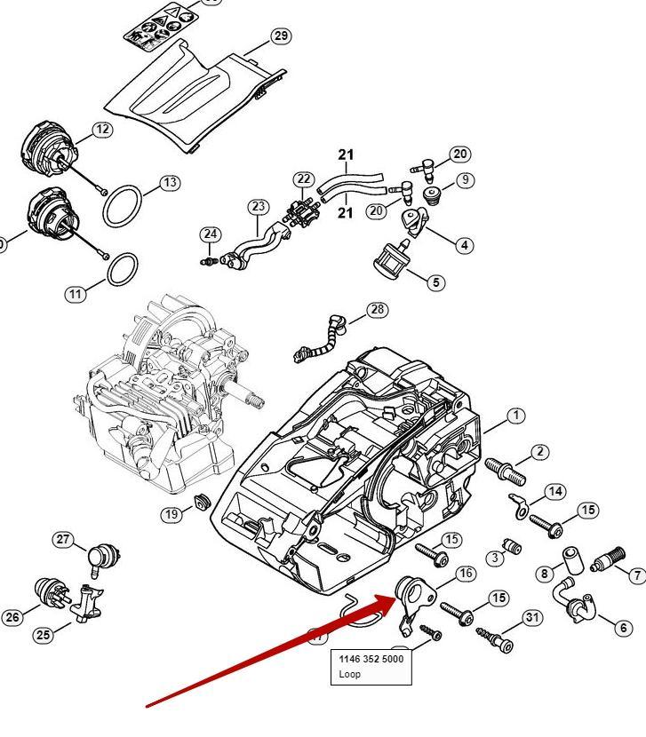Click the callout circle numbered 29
tap(281, 36)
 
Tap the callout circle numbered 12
tap(102, 130)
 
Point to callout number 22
tap(304, 180)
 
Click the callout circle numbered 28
tap(378, 309)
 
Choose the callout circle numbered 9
tap(464, 180)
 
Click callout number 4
tap(464, 245)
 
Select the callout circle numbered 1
tap(516, 415)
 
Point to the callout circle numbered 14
tap(555, 492)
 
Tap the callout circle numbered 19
tap(171, 514)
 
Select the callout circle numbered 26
tap(12, 617)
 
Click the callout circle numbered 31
tap(531, 617)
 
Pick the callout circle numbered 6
tap(624, 628)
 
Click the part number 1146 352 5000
tap(371, 660)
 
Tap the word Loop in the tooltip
tap(350, 674)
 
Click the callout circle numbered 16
tap(466, 574)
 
